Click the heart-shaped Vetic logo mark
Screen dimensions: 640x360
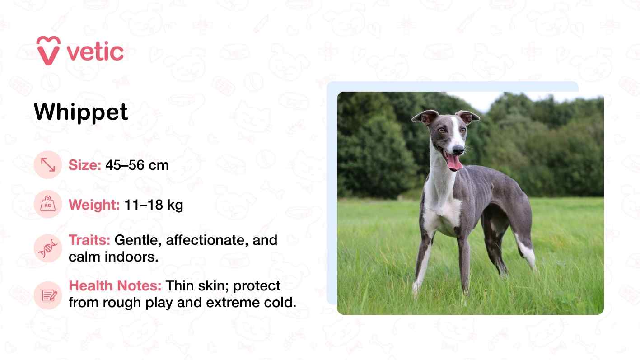pyautogui.click(x=48, y=51)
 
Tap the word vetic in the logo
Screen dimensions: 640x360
pyautogui.click(x=95, y=52)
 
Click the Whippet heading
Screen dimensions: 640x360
pyautogui.click(x=81, y=112)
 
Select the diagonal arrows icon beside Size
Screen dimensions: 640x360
pyautogui.click(x=48, y=165)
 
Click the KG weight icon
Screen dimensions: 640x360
pyautogui.click(x=48, y=204)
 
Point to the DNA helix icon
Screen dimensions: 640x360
pyautogui.click(x=48, y=248)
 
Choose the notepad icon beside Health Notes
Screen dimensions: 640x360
pyautogui.click(x=48, y=295)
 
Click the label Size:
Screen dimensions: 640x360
pyautogui.click(x=85, y=165)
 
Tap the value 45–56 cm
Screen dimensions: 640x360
pyautogui.click(x=137, y=165)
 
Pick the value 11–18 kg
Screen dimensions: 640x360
pyautogui.click(x=154, y=205)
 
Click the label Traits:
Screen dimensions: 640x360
pyautogui.click(x=89, y=240)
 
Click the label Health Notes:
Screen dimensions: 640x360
pyautogui.click(x=115, y=285)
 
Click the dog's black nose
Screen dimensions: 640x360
pyautogui.click(x=458, y=150)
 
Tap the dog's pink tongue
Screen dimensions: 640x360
pyautogui.click(x=454, y=162)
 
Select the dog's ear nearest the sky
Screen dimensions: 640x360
pyautogui.click(x=467, y=117)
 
